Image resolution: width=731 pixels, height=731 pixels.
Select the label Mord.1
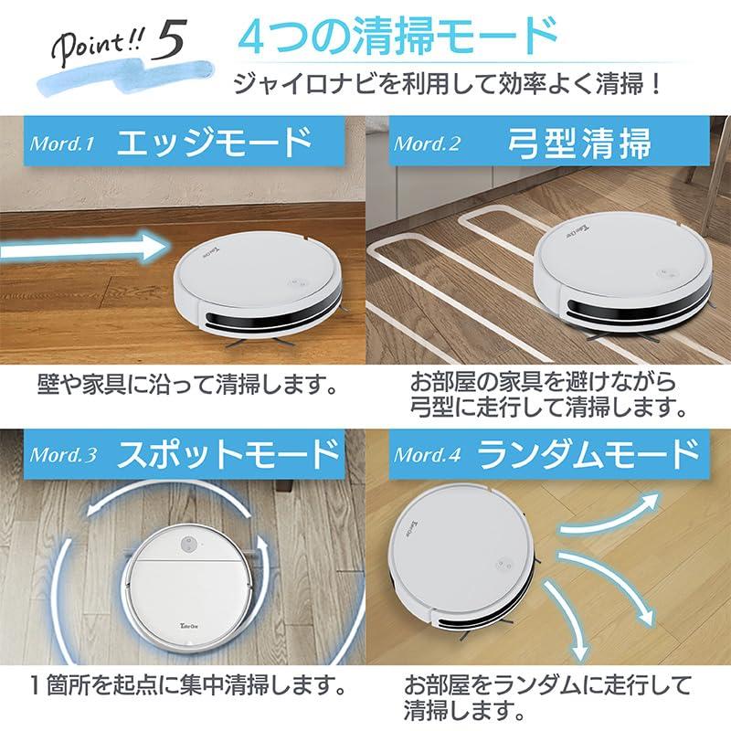[62, 143]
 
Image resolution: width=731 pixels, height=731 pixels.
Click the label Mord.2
[427, 143]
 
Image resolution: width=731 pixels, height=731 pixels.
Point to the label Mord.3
[63, 454]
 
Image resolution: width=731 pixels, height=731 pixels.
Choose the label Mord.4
[428, 454]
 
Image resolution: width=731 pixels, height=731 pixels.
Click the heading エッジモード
[216, 143]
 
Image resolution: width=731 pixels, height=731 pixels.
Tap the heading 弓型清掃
[579, 143]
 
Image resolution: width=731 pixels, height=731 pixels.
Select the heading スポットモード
[228, 453]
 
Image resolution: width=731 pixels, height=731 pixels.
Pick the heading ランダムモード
[588, 454]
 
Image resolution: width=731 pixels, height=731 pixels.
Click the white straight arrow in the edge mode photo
[84, 248]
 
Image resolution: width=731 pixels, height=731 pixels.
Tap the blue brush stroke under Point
[126, 77]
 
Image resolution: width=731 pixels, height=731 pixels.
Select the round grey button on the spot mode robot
[188, 544]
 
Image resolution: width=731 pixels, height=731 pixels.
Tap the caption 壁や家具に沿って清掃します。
[187, 385]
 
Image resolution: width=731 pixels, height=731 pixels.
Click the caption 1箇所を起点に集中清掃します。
[188, 685]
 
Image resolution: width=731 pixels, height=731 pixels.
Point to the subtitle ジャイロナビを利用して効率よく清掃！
[448, 84]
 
